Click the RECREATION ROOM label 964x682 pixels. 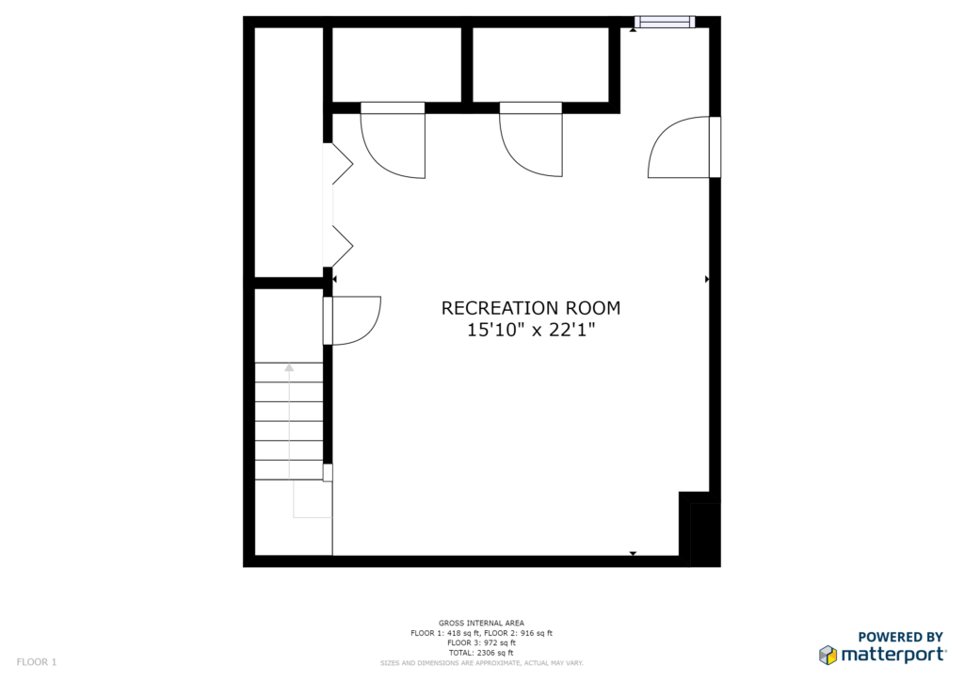[x=531, y=307]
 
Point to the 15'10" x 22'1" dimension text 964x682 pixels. [x=531, y=331]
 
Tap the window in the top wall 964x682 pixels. [x=665, y=23]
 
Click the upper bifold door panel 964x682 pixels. [x=343, y=164]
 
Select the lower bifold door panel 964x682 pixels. [x=343, y=246]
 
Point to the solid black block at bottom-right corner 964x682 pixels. [x=705, y=534]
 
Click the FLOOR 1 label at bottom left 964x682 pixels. [x=37, y=662]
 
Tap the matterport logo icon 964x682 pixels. [x=828, y=655]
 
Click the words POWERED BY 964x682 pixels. [x=900, y=637]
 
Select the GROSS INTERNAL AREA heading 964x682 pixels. [x=481, y=623]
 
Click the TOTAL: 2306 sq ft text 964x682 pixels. [x=481, y=653]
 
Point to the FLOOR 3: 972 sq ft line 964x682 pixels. [x=481, y=642]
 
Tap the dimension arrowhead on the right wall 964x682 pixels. [x=707, y=279]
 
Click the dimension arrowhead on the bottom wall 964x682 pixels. [x=633, y=554]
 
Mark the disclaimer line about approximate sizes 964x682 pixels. [x=481, y=663]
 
